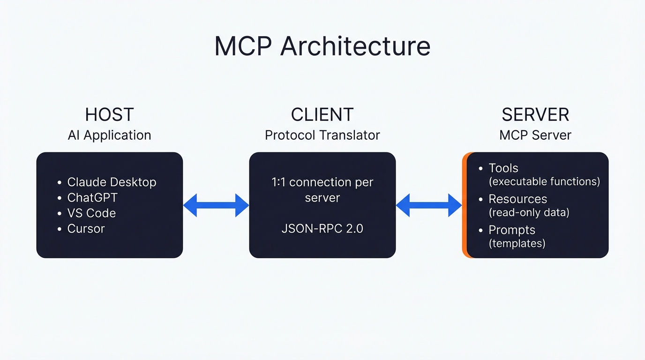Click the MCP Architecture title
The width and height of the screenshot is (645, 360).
tap(322, 46)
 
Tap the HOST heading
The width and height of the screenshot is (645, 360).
tap(109, 115)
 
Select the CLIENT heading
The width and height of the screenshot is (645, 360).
tap(322, 115)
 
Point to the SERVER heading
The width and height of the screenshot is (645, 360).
tap(535, 115)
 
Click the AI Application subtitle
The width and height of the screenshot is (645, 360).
tap(109, 135)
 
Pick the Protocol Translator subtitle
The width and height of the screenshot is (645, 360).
tap(322, 135)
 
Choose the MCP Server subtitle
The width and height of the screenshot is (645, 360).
tap(535, 135)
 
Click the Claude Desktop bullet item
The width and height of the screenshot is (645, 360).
tap(112, 182)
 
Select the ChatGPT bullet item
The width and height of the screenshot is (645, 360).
tap(92, 197)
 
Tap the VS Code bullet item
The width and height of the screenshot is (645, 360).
tap(91, 213)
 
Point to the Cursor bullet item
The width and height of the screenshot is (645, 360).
tap(86, 229)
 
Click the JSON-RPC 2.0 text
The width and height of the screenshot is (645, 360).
tap(322, 229)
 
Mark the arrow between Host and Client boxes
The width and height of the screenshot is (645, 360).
tap(216, 205)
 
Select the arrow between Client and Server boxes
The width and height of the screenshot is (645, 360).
tap(429, 205)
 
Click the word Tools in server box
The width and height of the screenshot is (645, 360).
tap(503, 168)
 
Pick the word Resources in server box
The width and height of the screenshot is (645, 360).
tap(517, 199)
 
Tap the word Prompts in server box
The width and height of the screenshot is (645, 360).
tap(512, 230)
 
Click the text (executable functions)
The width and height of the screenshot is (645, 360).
tap(544, 181)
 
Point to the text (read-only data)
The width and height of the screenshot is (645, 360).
tap(529, 212)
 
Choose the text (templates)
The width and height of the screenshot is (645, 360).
tap(517, 243)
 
